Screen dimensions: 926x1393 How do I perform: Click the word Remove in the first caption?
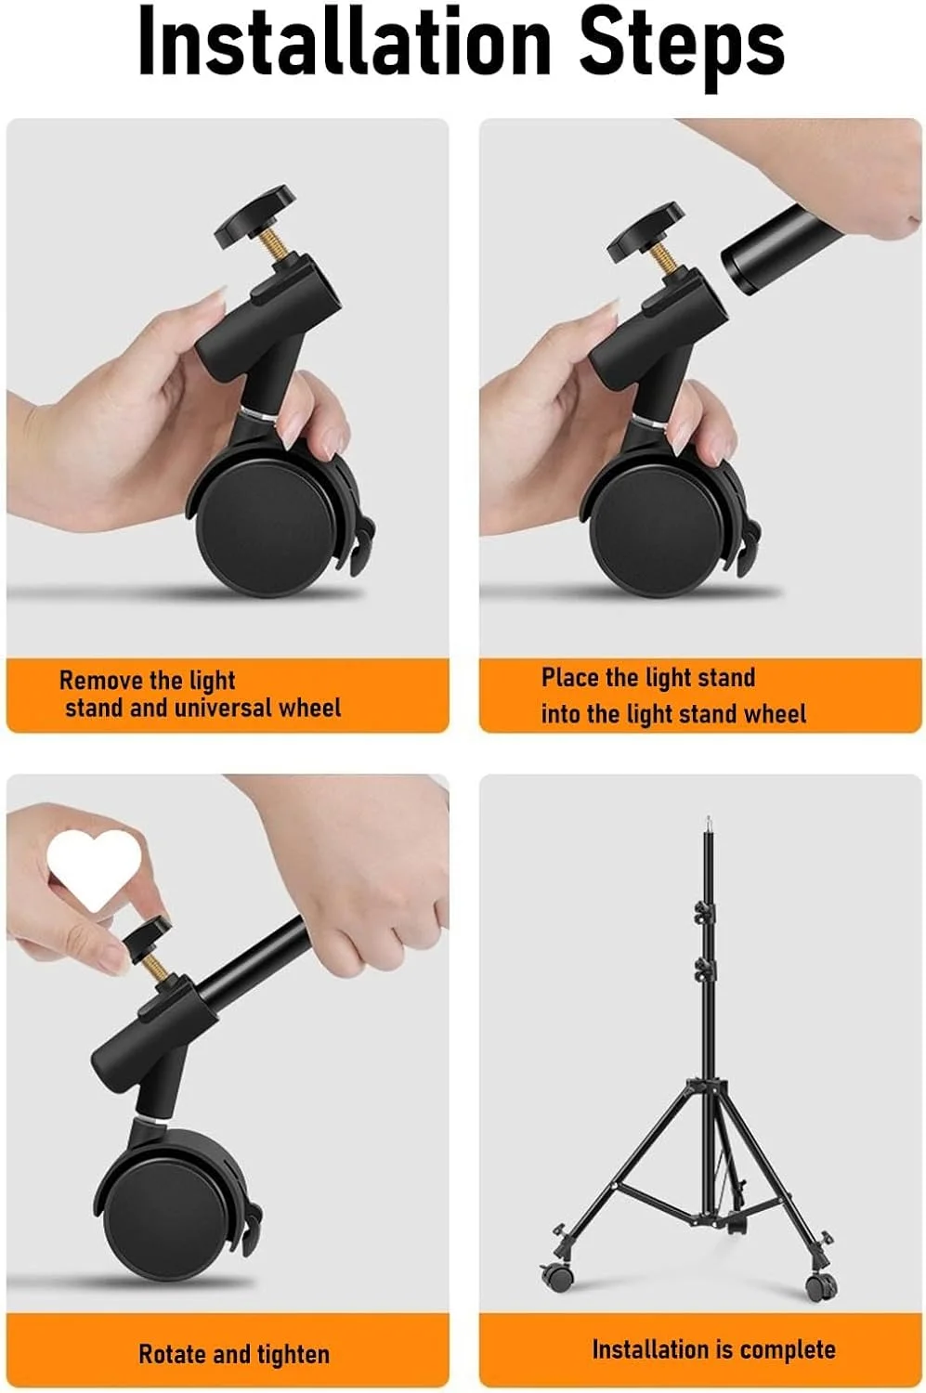(x=100, y=680)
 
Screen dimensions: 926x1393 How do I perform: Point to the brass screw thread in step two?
(x=667, y=260)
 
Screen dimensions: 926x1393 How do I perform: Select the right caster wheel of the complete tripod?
(x=821, y=1281)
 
